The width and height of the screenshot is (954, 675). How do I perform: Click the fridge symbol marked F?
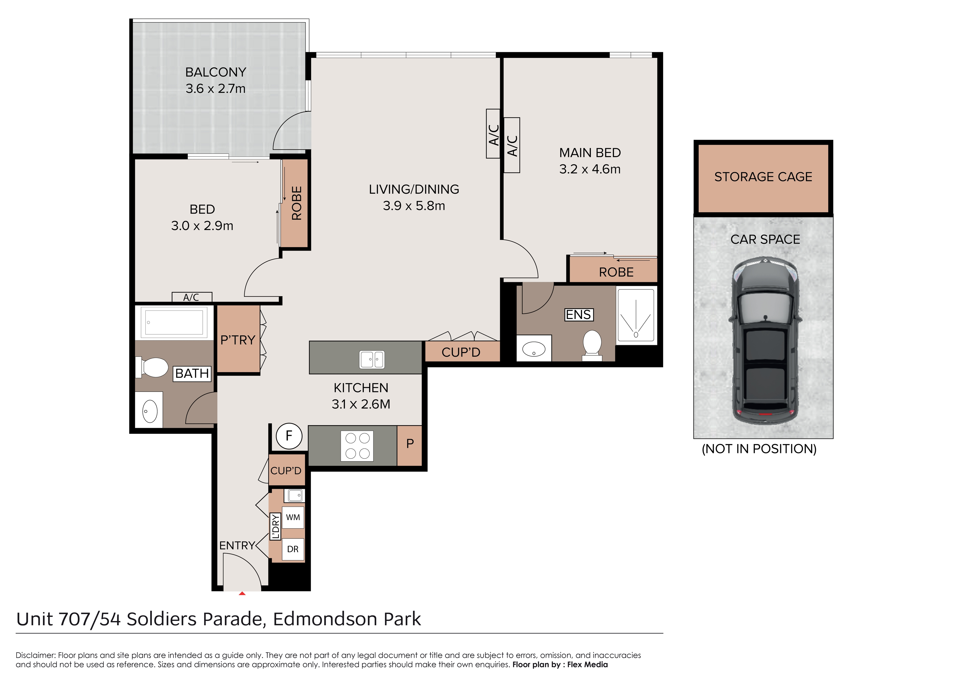coord(289,436)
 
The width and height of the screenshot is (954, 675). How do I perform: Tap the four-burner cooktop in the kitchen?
coord(357,446)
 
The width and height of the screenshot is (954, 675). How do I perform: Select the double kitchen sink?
coord(372,360)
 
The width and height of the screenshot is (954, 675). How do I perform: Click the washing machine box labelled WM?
coord(293,517)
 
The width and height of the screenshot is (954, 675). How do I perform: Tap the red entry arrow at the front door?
coord(242,593)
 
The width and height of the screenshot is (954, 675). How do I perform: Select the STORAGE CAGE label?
coord(763,177)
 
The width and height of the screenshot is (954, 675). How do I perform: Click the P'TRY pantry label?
coord(238,340)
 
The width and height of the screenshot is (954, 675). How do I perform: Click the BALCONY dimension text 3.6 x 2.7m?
coord(216,89)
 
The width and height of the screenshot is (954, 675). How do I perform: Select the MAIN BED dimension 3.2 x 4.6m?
coord(590,169)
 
